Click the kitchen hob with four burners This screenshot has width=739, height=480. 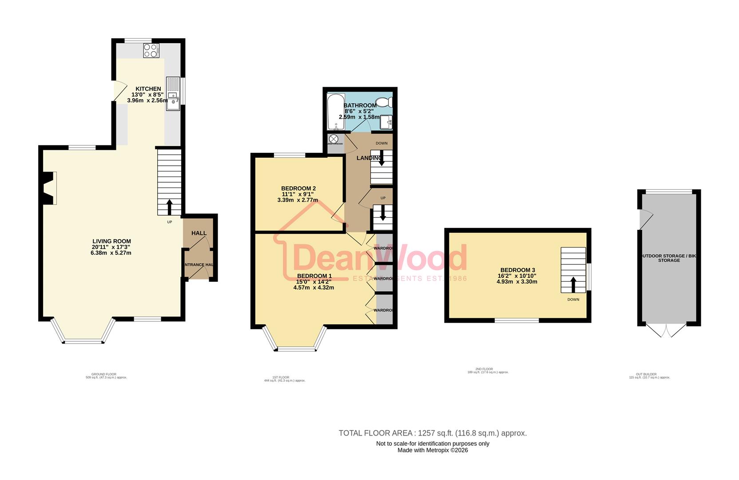coord(151,50)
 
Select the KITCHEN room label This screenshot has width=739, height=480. coord(148,89)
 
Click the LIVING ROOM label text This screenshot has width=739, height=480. coord(111,241)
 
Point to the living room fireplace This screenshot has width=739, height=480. coord(48,188)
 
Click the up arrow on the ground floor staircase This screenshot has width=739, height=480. coord(169,207)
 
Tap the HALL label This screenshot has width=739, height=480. coord(199,233)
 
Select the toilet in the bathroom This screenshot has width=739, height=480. coord(384,102)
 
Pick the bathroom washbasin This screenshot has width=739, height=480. coord(387,121)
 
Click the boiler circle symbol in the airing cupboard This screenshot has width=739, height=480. coord(334,139)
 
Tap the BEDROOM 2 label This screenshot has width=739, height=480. coord(298,188)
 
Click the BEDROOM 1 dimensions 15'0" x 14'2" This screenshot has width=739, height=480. coord(314,281)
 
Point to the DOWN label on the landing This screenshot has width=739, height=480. coord(381,143)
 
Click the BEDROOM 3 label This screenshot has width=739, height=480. coord(517,270)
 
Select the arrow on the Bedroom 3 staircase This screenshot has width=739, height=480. coord(573,284)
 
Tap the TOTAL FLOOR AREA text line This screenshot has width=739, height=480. coord(433,433)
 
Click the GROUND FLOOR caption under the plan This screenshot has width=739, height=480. coord(104,374)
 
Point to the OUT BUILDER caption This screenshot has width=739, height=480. coord(646,374)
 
